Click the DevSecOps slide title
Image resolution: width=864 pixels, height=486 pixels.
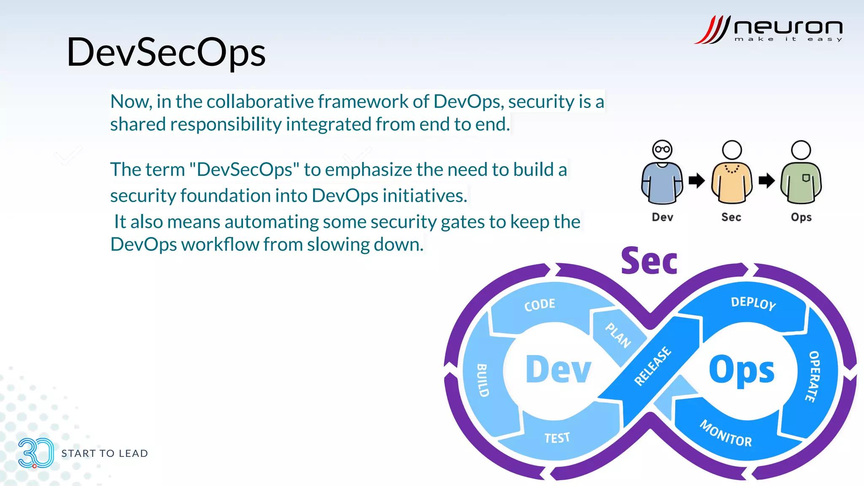click(x=166, y=52)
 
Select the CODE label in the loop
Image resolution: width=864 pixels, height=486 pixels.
click(x=540, y=305)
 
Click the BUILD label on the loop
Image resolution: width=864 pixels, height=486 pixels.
click(x=483, y=380)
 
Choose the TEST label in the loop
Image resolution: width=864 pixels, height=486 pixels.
click(x=557, y=438)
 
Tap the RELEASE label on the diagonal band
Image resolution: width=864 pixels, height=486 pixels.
click(x=652, y=366)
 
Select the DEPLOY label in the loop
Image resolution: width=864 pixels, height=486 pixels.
click(x=753, y=303)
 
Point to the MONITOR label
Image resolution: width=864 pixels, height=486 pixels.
click(x=726, y=434)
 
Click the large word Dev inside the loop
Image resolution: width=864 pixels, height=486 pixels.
click(x=558, y=370)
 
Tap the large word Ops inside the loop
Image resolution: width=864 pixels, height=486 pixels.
click(x=741, y=370)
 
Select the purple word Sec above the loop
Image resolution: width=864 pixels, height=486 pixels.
click(x=649, y=262)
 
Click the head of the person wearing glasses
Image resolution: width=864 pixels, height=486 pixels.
click(x=662, y=150)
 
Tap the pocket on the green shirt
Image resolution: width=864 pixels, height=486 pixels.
click(x=806, y=178)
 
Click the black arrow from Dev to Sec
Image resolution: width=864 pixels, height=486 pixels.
click(x=697, y=181)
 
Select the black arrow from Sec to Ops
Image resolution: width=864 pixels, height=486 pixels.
click(x=766, y=181)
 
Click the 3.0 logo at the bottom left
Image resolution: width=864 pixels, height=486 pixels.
click(x=35, y=453)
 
